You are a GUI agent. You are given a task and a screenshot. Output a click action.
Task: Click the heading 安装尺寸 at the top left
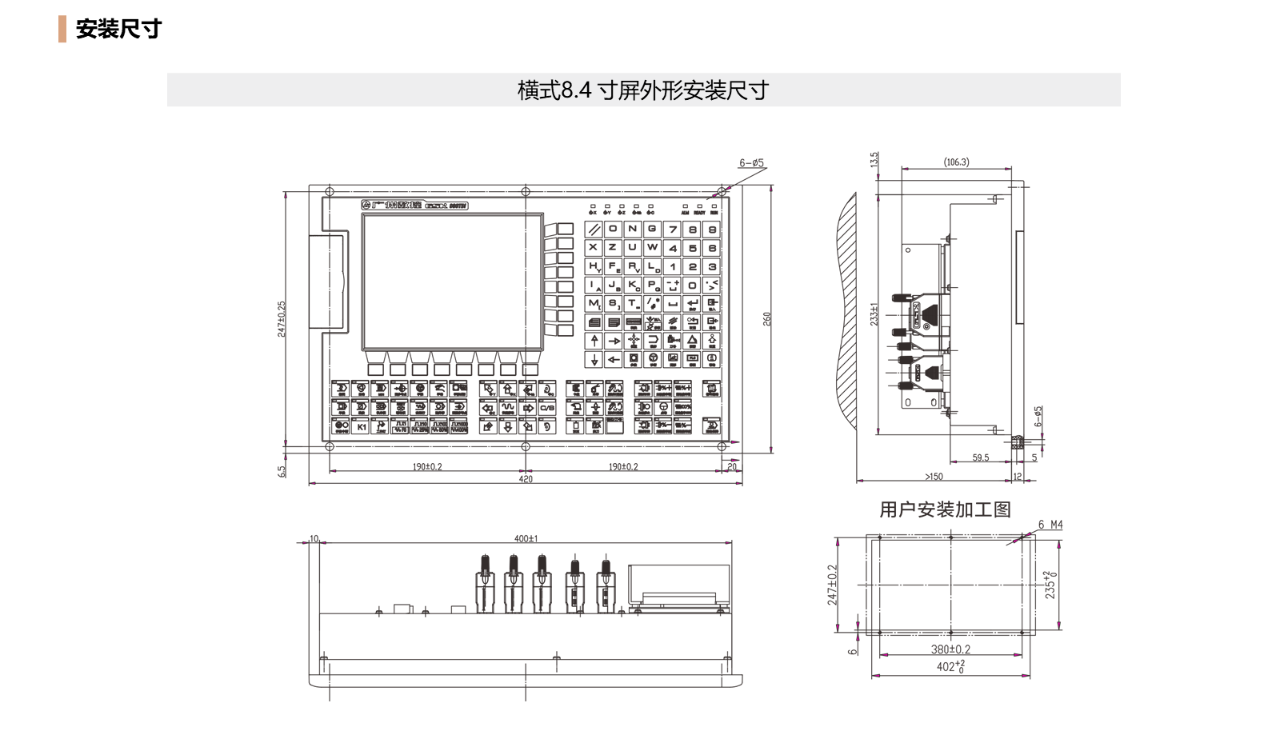(x=118, y=29)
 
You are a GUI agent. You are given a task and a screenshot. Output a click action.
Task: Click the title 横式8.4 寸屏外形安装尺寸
(x=642, y=90)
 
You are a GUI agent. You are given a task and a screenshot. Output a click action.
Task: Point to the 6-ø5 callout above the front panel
(x=751, y=163)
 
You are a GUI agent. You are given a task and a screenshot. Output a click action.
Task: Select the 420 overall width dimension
(x=526, y=479)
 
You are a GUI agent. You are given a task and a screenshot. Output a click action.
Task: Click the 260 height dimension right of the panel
(x=767, y=318)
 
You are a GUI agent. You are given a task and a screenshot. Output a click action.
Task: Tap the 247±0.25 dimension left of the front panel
(x=282, y=318)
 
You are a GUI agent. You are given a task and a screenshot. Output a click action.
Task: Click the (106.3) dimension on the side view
(x=956, y=162)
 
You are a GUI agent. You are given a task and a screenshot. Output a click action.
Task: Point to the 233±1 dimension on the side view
(x=874, y=314)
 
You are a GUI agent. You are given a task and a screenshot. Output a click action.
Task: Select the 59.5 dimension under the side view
(x=981, y=457)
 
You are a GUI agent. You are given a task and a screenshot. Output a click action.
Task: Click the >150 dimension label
(x=934, y=477)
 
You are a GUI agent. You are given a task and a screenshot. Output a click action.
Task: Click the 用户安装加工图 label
(x=945, y=509)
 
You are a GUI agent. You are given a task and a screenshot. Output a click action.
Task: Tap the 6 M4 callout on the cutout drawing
(x=1050, y=525)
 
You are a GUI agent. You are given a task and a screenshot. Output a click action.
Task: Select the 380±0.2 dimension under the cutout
(x=950, y=649)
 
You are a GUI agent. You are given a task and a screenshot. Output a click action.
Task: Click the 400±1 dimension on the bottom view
(x=526, y=538)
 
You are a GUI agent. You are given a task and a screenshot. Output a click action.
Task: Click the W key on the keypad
(x=653, y=247)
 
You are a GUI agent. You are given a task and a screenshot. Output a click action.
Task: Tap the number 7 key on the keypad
(x=673, y=229)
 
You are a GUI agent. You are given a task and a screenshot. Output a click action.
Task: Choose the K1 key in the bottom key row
(x=362, y=426)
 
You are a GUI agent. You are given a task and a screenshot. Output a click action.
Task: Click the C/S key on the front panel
(x=547, y=407)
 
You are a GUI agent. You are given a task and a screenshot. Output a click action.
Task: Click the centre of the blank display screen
(x=453, y=282)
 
